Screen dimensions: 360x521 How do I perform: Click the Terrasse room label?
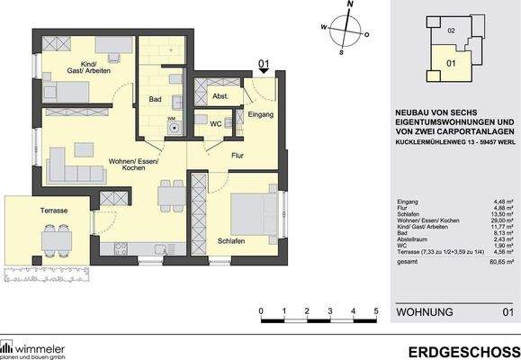click(x=55, y=210)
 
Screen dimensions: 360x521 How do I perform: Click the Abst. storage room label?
click(x=220, y=96)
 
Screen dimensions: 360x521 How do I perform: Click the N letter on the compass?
click(x=352, y=4)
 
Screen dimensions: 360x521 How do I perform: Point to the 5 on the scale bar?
click(x=376, y=310)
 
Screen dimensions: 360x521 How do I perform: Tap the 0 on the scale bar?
click(x=260, y=310)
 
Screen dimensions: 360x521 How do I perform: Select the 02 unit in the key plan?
click(x=450, y=32)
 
